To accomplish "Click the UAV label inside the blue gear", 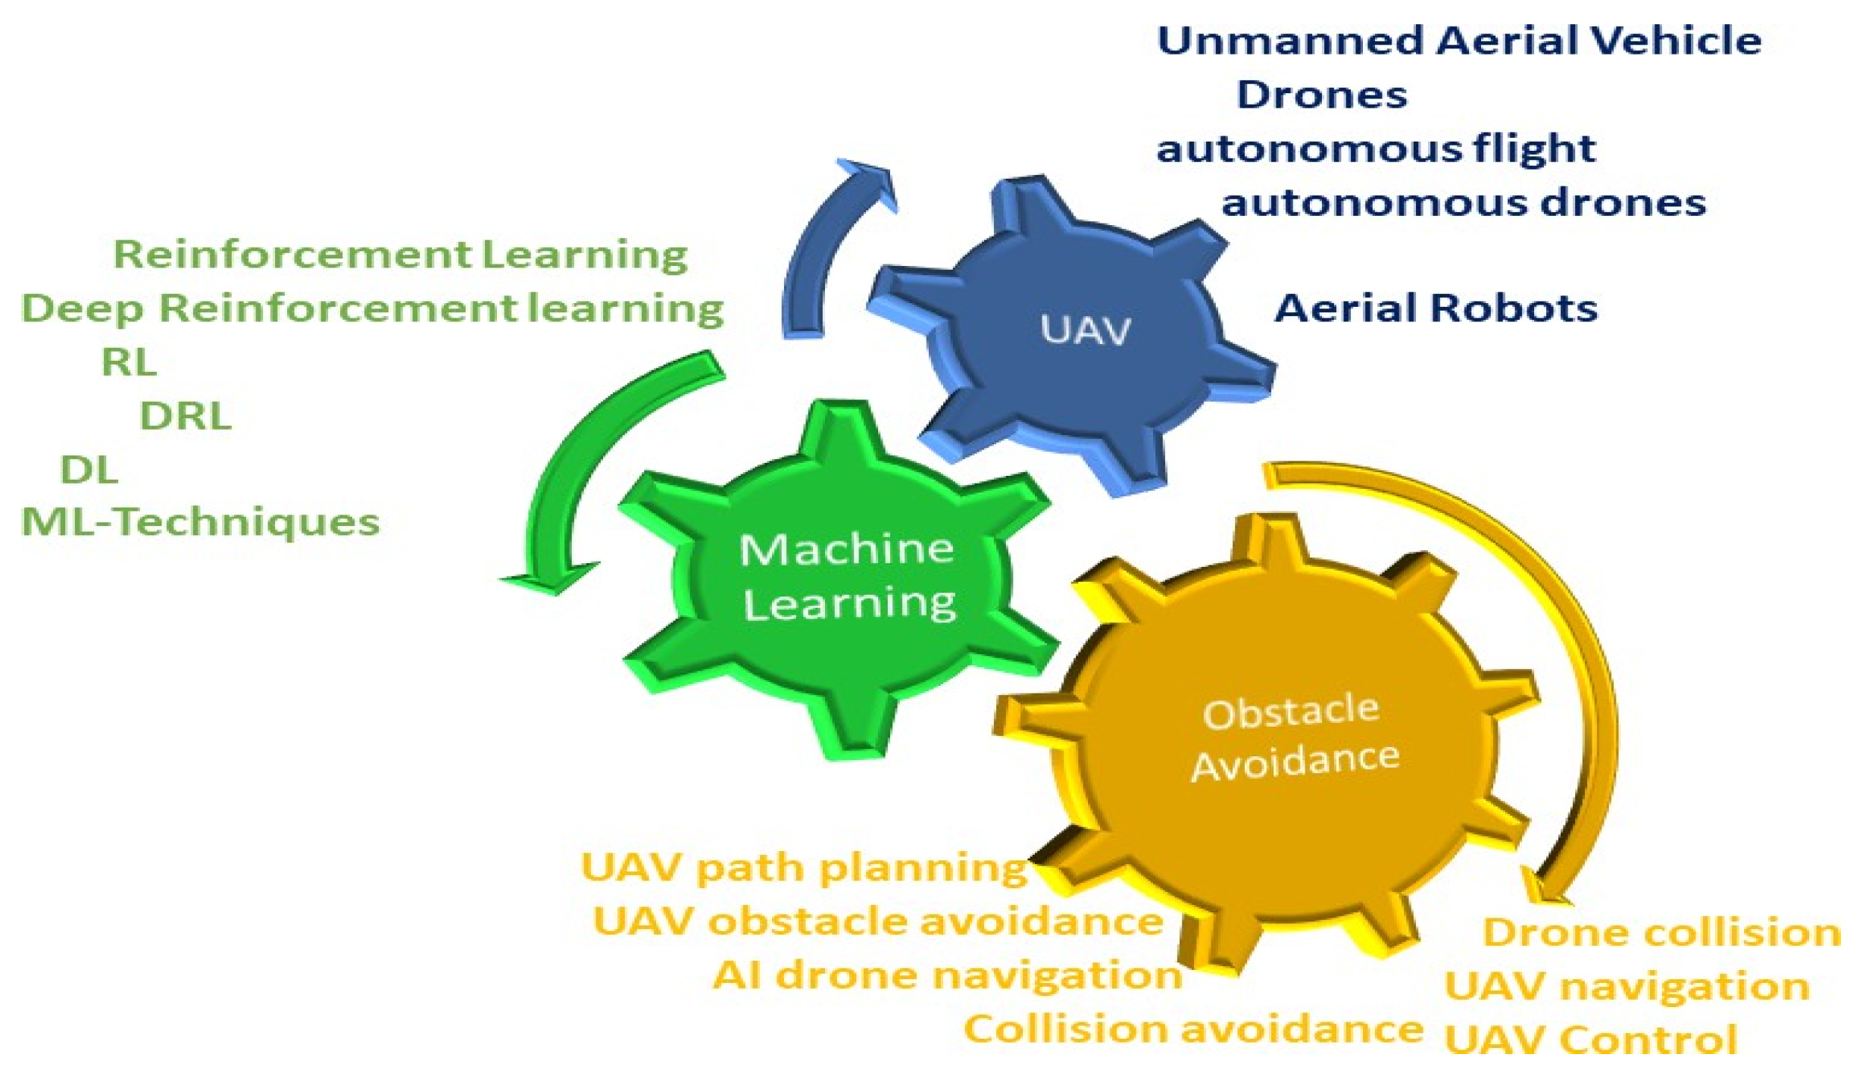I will click(1085, 330).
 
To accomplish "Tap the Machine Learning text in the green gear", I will click(848, 576).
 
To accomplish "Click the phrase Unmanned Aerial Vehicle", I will click(1459, 41).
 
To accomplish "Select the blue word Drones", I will click(1322, 95).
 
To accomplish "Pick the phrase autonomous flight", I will click(1376, 149).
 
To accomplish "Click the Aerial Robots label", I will click(1436, 308).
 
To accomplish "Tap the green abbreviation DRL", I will click(186, 416).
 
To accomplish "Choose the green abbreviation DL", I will click(89, 470).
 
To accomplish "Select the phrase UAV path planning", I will click(804, 868).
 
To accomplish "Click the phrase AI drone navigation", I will click(947, 975).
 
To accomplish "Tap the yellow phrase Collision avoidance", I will click(1193, 1030).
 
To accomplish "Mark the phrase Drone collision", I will click(1661, 933).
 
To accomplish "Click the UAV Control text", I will click(1591, 1040).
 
